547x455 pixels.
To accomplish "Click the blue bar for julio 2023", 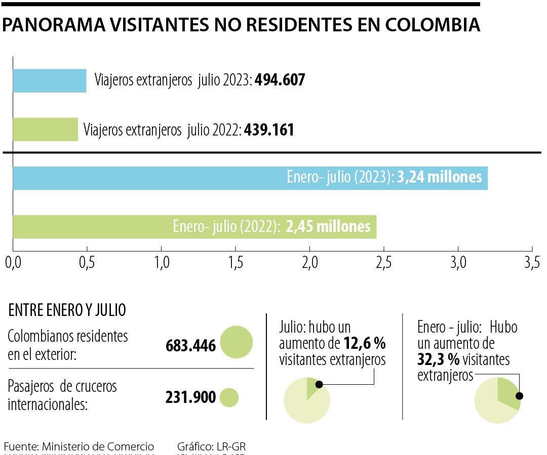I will pos(49,81).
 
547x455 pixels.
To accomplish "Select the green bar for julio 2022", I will pos(45,129).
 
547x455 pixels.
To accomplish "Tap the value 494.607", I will pos(280,80).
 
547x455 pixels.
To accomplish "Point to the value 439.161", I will pos(269,130).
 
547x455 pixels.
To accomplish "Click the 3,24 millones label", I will pos(439,177).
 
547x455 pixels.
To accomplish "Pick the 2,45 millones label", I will pos(328,226).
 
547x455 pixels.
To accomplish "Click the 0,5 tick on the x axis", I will pos(87,263).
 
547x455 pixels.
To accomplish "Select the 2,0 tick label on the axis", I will pos(309,263).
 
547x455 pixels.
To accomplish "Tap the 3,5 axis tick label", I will pos(532,263).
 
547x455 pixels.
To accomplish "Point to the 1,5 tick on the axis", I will pos(236,263).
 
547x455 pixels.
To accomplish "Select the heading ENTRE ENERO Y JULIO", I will pos(67,310).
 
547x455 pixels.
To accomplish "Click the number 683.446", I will pos(190,346).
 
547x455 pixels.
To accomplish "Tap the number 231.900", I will pos(190,397).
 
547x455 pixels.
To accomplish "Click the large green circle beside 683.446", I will pos(236,342).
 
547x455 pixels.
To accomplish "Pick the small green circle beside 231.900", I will pos(229,397).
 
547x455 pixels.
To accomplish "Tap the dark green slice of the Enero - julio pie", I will pos(508,391).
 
